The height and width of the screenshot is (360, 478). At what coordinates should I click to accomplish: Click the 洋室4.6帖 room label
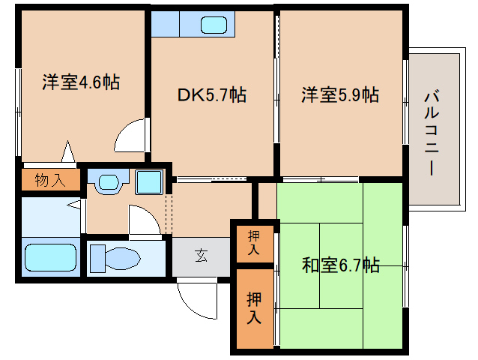click(81, 82)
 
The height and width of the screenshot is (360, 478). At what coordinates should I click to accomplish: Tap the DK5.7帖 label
click(212, 95)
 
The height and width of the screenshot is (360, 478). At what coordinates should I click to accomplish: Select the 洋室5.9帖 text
click(340, 95)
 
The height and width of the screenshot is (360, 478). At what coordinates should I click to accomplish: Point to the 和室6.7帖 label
click(341, 265)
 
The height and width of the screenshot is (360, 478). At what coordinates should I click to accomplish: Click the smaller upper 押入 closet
click(253, 242)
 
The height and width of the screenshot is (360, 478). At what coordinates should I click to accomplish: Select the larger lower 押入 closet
click(254, 308)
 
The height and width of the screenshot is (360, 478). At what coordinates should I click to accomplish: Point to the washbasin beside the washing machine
click(108, 181)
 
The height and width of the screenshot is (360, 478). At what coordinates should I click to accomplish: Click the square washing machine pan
click(148, 181)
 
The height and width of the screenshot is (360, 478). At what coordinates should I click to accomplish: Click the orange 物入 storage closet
click(49, 180)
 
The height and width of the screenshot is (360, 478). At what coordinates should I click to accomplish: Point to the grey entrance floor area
click(201, 257)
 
